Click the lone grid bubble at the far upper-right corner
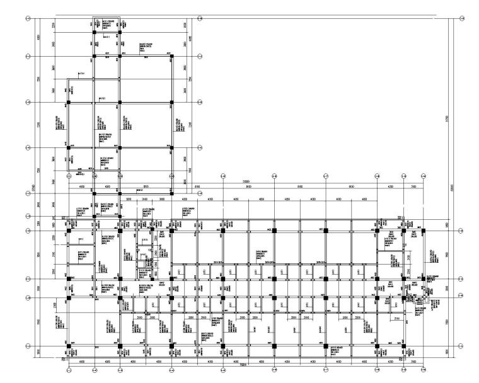(x=465, y=16)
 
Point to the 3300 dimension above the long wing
(x=413, y=187)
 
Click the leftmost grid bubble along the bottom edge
(x=69, y=370)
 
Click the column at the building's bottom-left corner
(x=69, y=346)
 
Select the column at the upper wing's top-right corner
(x=171, y=56)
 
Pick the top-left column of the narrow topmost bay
(x=94, y=31)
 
